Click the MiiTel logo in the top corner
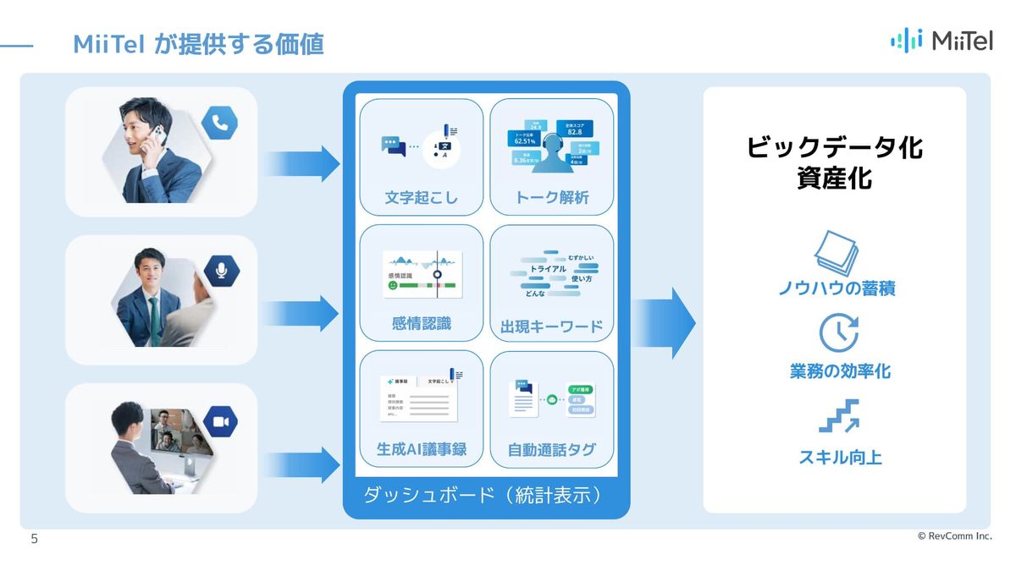click(x=941, y=40)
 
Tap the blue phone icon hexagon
click(x=219, y=124)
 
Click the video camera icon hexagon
click(x=219, y=421)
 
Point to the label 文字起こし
click(x=421, y=198)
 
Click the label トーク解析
click(x=551, y=198)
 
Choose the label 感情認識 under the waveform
click(x=421, y=323)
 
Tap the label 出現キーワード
click(x=551, y=327)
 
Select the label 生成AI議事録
click(x=421, y=449)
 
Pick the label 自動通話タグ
click(x=551, y=450)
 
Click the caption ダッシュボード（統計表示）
click(x=486, y=495)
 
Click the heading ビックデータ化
click(x=834, y=148)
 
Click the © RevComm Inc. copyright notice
click(x=954, y=536)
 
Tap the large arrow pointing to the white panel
click(x=664, y=322)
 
